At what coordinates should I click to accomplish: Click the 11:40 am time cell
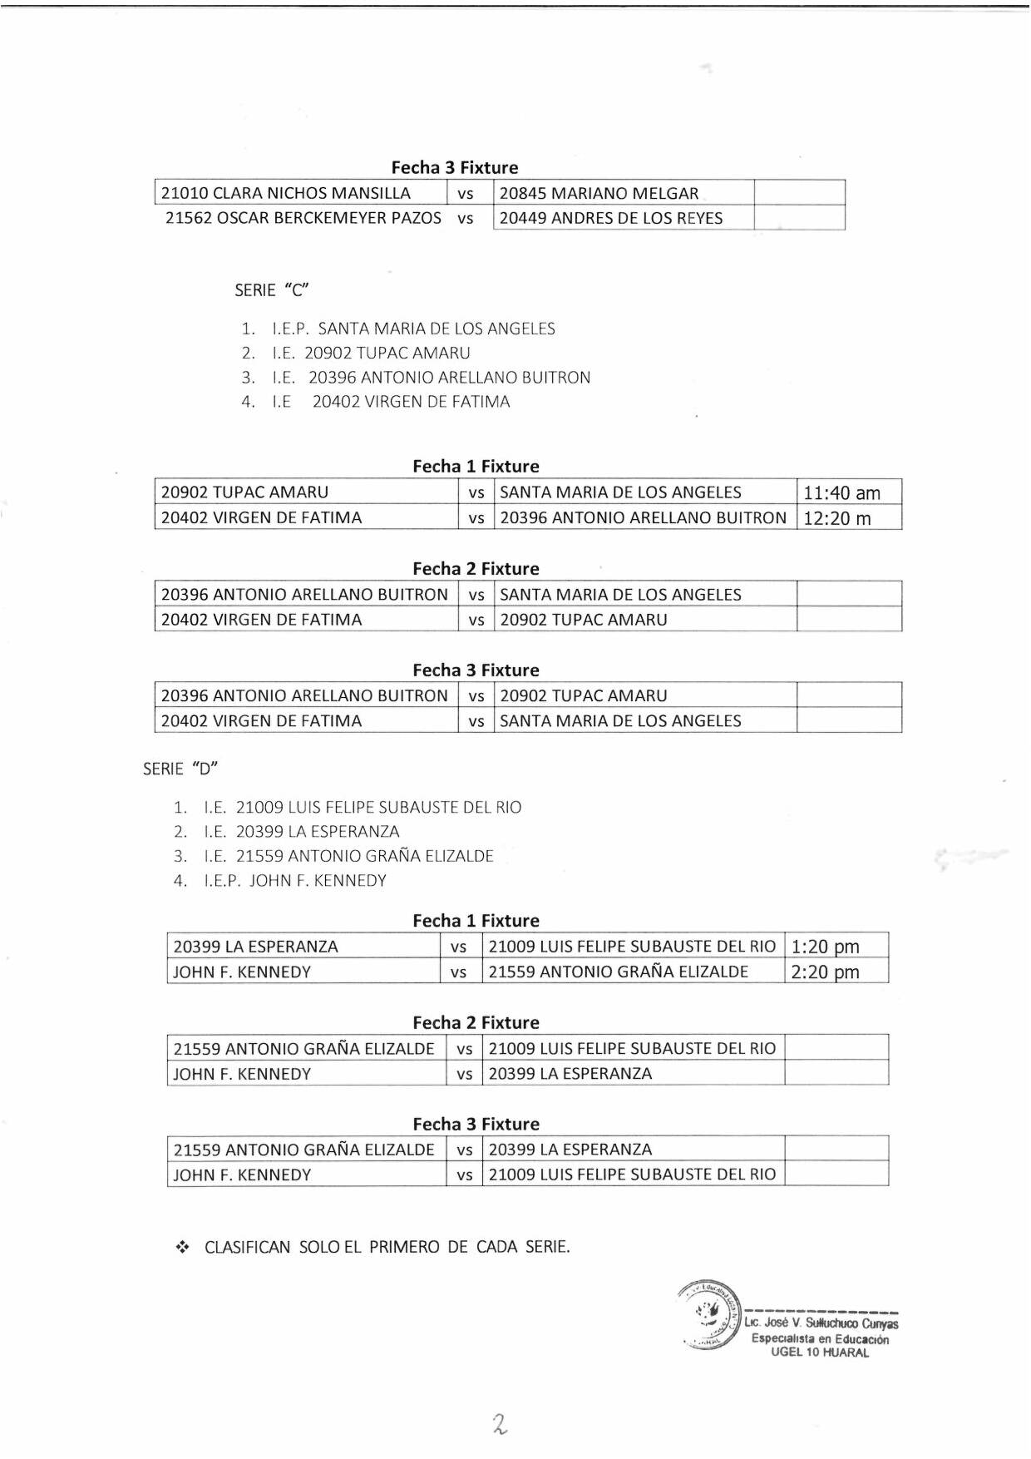pyautogui.click(x=841, y=492)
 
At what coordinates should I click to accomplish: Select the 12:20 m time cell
pyautogui.click(x=837, y=518)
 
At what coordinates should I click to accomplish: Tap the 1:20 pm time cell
pyautogui.click(x=825, y=947)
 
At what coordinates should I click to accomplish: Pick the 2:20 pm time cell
pyautogui.click(x=825, y=972)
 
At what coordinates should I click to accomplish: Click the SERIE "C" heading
pyautogui.click(x=271, y=290)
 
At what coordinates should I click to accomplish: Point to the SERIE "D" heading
pyautogui.click(x=180, y=769)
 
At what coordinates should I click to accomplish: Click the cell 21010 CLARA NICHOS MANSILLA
pyautogui.click(x=286, y=193)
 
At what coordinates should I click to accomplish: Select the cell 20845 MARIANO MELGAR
pyautogui.click(x=599, y=193)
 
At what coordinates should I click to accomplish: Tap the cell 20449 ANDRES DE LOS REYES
pyautogui.click(x=611, y=218)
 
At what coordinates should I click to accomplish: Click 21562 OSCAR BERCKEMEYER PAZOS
pyautogui.click(x=303, y=218)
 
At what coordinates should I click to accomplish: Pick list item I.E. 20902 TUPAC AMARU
pyautogui.click(x=371, y=353)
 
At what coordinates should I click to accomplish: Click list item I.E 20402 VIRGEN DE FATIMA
pyautogui.click(x=391, y=402)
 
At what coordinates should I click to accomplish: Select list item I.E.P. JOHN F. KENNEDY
pyautogui.click(x=295, y=880)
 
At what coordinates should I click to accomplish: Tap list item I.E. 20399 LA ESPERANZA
pyautogui.click(x=302, y=831)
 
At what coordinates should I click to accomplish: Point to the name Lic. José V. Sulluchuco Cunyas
pyautogui.click(x=821, y=1323)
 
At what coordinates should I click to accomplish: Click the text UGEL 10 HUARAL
pyautogui.click(x=820, y=1353)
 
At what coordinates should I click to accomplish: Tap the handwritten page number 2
pyautogui.click(x=500, y=1424)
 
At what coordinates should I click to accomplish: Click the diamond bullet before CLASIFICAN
pyautogui.click(x=183, y=1247)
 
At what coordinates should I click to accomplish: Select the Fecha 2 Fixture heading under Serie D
pyautogui.click(x=476, y=1022)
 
